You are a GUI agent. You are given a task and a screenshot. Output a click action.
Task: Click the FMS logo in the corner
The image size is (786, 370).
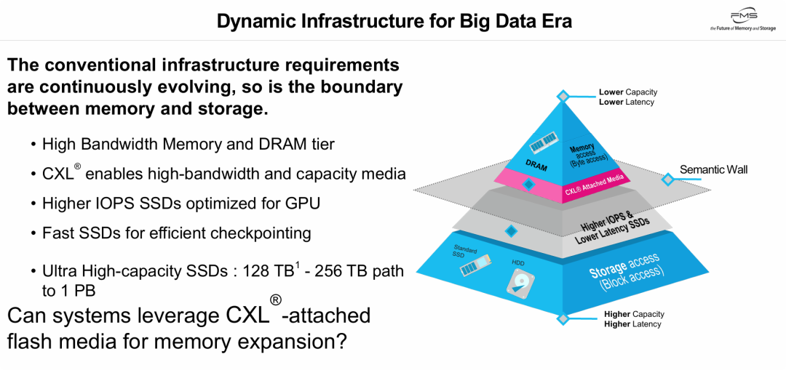(743, 20)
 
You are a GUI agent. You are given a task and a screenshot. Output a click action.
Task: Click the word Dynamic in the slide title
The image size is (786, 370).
(254, 21)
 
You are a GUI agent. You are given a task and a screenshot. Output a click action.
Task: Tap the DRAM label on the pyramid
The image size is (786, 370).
(536, 166)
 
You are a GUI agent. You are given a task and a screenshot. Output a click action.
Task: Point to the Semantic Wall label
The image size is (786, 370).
(713, 169)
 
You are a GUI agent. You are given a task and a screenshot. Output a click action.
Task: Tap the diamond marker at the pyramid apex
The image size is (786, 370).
(563, 96)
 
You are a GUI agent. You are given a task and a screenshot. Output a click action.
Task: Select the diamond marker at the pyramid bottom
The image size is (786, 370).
(563, 318)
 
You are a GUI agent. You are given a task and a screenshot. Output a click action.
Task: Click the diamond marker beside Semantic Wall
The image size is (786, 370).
(667, 179)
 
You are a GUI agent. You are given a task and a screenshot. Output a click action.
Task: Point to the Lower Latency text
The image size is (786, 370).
(626, 102)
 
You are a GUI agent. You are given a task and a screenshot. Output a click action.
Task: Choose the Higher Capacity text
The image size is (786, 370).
(634, 314)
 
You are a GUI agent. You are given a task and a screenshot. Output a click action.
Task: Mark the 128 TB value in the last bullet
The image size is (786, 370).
(270, 271)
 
